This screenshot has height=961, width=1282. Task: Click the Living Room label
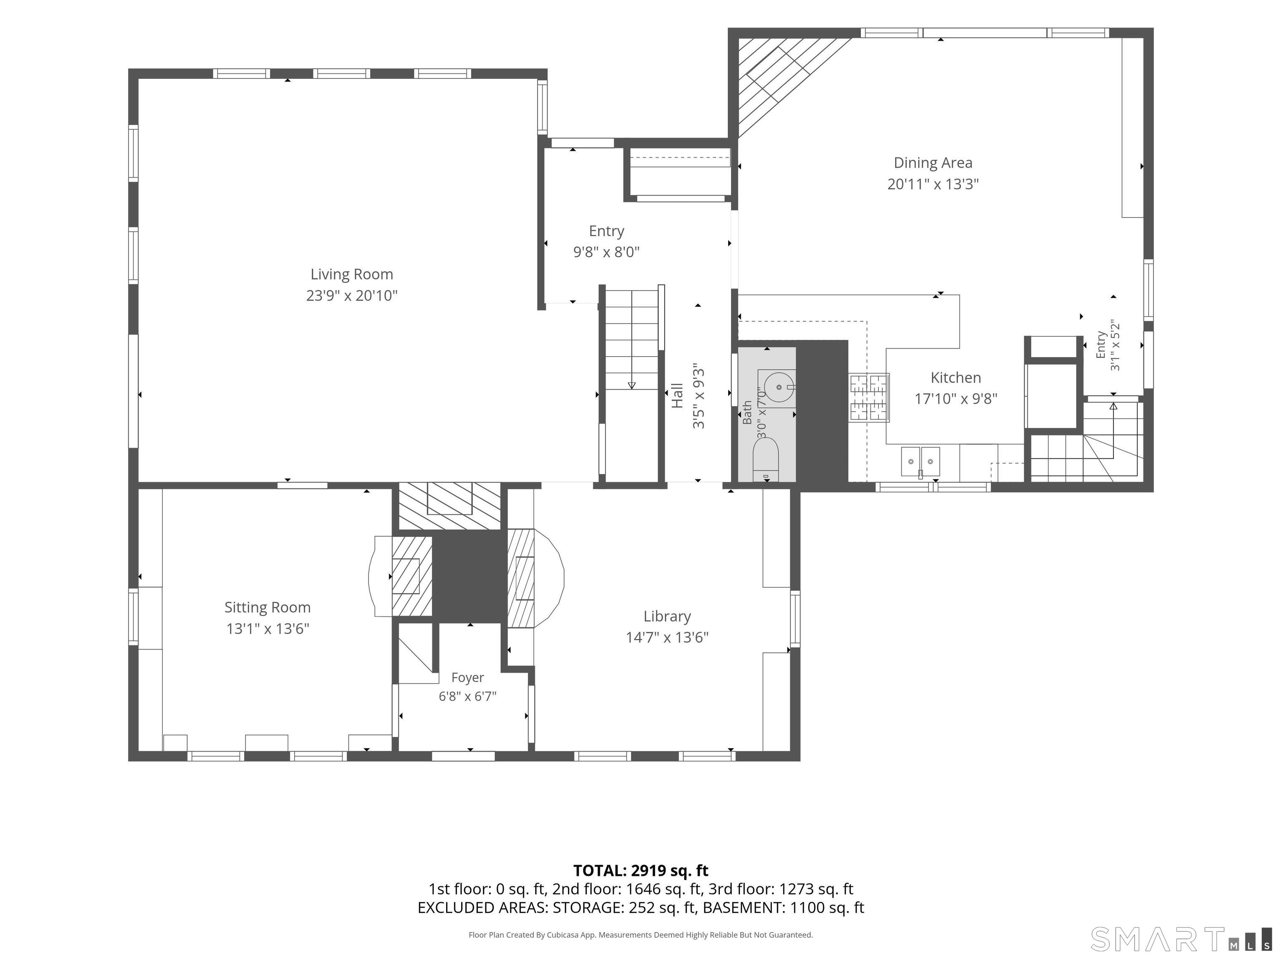click(x=352, y=274)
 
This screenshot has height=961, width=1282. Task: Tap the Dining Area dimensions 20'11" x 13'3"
click(x=933, y=184)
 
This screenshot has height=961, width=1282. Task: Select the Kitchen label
click(x=956, y=377)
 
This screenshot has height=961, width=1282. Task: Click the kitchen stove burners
click(x=869, y=397)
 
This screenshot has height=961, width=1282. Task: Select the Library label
click(x=667, y=616)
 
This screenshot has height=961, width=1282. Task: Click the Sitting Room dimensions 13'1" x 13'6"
click(x=268, y=629)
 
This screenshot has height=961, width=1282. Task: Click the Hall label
click(x=677, y=396)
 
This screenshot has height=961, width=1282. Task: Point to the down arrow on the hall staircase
click(x=632, y=385)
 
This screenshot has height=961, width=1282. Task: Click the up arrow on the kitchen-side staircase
click(x=1113, y=406)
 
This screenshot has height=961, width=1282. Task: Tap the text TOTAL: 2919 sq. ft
click(x=641, y=870)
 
